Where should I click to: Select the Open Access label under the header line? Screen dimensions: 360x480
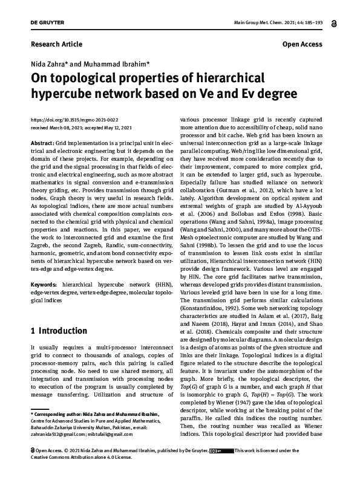[303, 45]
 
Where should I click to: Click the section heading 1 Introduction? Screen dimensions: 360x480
[59, 331]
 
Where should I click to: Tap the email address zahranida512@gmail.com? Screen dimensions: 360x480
[56, 434]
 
